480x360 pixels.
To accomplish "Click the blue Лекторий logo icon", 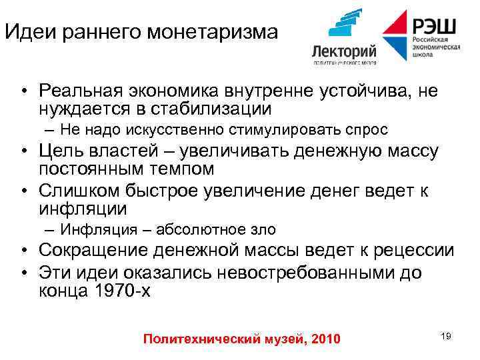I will tap(345, 25).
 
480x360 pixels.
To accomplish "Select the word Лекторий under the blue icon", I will tap(344, 51).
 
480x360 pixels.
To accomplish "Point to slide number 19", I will tap(446, 336).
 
